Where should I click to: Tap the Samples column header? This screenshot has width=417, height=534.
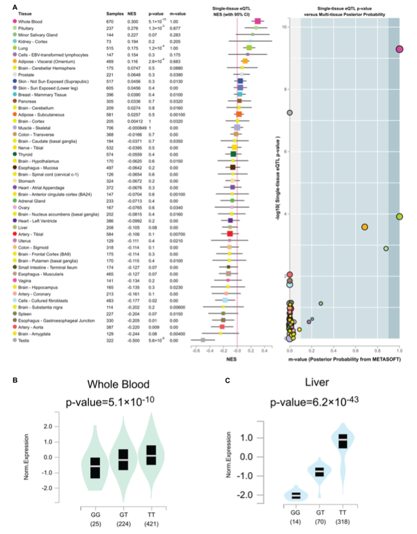point(116,14)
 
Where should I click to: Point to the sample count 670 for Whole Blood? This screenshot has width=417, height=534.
point(113,21)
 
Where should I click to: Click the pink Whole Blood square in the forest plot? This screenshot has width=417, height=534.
point(258,21)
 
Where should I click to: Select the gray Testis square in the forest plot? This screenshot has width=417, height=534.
point(203,339)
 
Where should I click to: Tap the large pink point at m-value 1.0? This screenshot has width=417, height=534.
point(400,49)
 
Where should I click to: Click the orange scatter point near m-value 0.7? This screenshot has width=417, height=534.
point(365,227)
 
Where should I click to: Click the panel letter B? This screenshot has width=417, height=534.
point(6,380)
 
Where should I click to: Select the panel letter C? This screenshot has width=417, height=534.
point(228,380)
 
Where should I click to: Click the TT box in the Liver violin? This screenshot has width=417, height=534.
point(343,441)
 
